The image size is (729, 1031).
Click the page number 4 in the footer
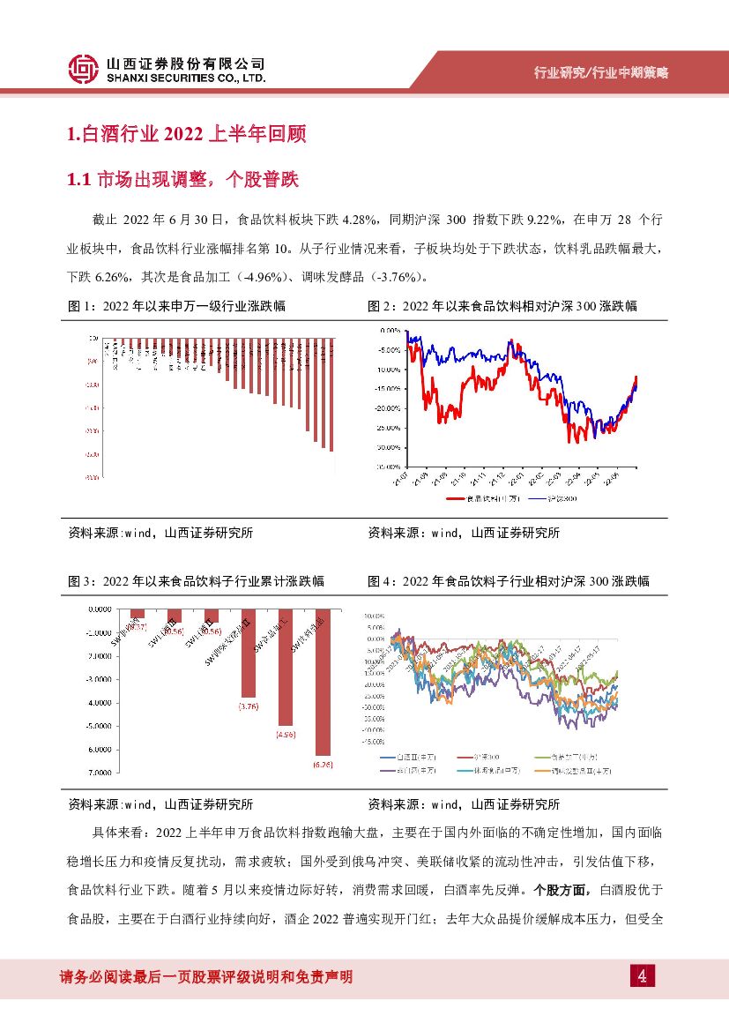[x=643, y=976]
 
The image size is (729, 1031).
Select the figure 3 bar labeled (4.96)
[x=286, y=666]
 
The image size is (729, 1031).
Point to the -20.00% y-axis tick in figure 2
[x=388, y=408]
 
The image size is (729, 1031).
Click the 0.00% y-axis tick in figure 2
[x=390, y=330]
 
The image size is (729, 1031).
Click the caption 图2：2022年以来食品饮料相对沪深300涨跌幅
[x=502, y=306]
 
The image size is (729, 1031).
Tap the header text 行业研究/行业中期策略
[x=602, y=73]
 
